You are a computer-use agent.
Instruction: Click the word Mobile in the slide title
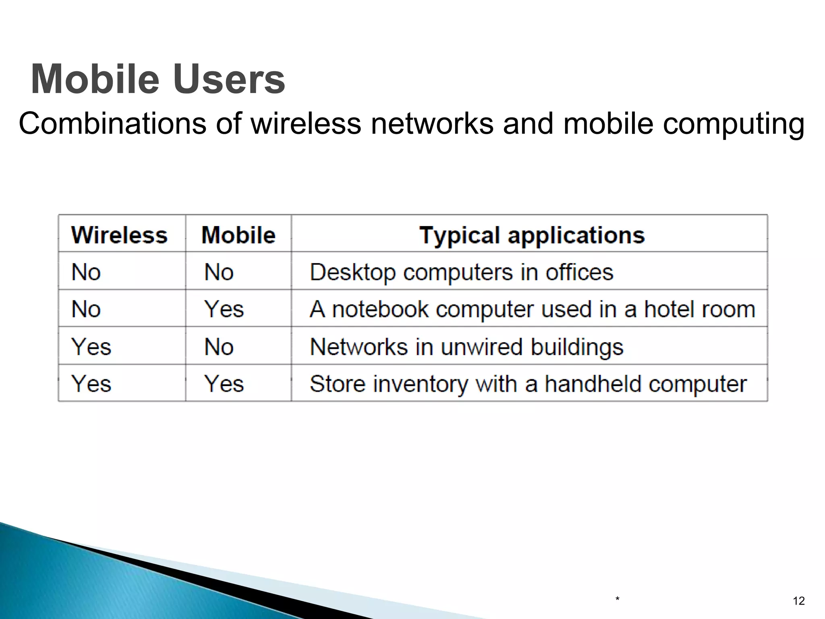click(95, 79)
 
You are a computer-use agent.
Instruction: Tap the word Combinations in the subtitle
click(112, 123)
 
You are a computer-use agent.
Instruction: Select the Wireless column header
click(119, 235)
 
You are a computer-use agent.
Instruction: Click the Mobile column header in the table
click(238, 235)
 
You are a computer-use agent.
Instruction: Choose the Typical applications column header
click(532, 235)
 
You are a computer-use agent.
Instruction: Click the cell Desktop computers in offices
click(461, 272)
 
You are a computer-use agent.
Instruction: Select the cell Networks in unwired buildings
click(466, 347)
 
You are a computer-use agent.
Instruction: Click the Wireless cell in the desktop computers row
click(86, 272)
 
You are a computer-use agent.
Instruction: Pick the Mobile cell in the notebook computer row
click(224, 309)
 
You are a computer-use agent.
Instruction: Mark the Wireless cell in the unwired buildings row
click(91, 347)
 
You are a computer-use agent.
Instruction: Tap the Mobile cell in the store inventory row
click(224, 384)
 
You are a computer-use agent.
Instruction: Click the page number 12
click(798, 601)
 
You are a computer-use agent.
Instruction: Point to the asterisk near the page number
click(617, 600)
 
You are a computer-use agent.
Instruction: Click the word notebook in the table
click(380, 309)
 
